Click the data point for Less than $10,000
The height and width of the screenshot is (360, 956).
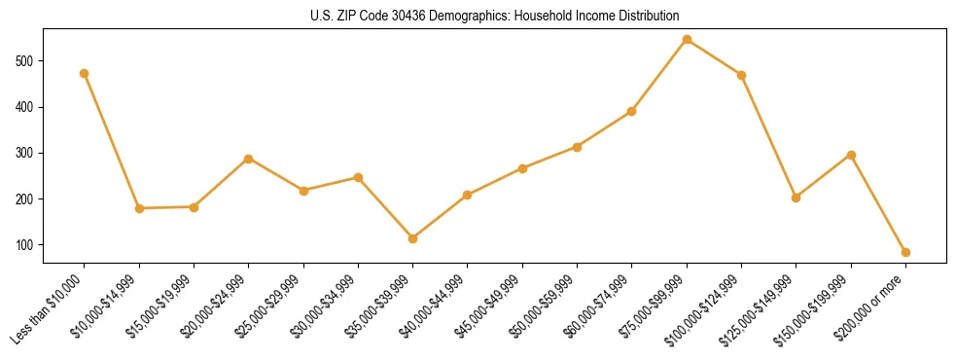click(85, 73)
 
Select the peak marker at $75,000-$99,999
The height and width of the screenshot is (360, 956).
click(687, 40)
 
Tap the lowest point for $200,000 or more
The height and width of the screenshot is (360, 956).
click(905, 252)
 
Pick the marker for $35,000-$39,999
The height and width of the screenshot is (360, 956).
click(413, 238)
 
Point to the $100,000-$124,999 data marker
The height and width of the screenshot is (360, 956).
click(742, 75)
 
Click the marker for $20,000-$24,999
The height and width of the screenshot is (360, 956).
click(249, 159)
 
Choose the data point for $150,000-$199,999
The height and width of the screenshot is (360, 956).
click(851, 155)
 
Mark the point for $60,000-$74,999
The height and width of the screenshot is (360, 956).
click(632, 111)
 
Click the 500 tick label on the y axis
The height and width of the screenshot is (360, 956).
click(26, 61)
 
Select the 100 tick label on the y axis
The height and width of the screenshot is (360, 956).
click(26, 245)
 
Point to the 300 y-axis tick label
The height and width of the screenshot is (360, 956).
click(26, 154)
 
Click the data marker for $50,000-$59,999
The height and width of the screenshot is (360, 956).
click(578, 147)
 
